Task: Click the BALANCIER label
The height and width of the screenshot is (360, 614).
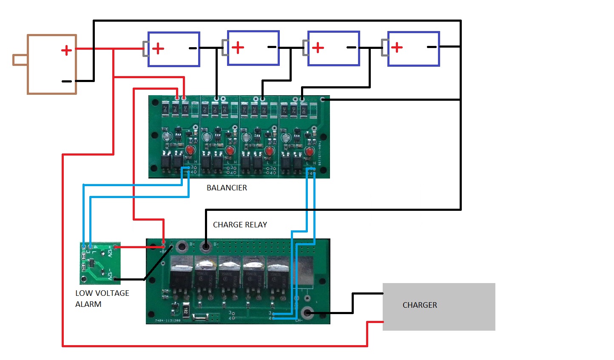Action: (x=227, y=188)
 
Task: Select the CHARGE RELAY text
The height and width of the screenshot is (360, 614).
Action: (x=240, y=225)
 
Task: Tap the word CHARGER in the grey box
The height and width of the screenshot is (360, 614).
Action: (x=420, y=305)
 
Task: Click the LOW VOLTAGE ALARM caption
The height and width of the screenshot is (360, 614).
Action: (x=102, y=298)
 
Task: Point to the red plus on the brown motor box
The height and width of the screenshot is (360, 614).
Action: (x=66, y=51)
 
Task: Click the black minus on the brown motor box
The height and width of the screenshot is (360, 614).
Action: (x=67, y=81)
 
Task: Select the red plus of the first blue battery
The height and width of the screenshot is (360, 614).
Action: (x=158, y=48)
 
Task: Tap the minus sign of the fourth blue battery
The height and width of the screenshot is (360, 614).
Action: (x=432, y=47)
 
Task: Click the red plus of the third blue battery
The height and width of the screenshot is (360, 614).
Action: (x=318, y=48)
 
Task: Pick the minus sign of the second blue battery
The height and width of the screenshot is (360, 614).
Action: (x=272, y=47)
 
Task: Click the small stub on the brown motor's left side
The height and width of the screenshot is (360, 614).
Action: (x=20, y=60)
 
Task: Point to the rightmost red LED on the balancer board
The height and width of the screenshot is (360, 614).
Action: (x=309, y=151)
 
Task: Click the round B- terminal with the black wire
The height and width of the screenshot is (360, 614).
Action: (x=206, y=246)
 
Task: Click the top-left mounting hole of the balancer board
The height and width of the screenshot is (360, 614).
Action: (x=155, y=102)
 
